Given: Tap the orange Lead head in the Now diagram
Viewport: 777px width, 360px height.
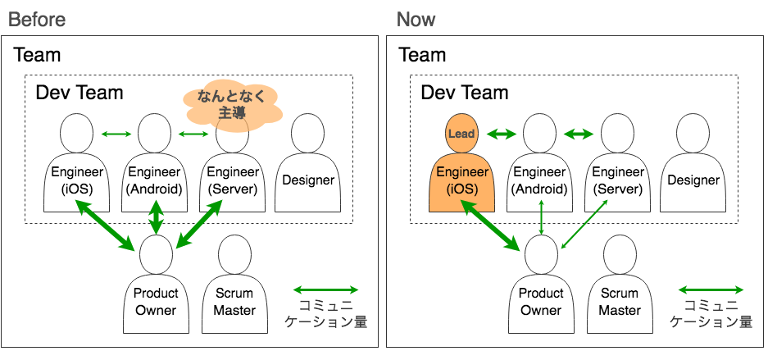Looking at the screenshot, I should click(462, 133).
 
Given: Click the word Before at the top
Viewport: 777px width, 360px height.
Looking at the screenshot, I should click(37, 19).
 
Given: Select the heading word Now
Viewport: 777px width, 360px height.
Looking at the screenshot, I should click(416, 19).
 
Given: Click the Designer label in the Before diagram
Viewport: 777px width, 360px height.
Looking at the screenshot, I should click(308, 180).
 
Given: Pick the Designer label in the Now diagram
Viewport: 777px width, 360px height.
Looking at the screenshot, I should click(693, 180).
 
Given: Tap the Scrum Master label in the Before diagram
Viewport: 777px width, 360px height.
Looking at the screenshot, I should click(234, 302).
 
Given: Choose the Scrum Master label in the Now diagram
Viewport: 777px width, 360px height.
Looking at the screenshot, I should click(620, 302).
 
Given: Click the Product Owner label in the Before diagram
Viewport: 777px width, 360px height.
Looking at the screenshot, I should click(156, 302).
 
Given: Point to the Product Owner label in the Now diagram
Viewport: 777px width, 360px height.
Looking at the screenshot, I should click(541, 302).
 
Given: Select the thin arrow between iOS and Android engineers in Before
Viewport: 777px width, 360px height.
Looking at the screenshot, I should click(116, 134).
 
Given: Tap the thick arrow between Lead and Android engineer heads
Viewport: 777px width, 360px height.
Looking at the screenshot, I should click(502, 133).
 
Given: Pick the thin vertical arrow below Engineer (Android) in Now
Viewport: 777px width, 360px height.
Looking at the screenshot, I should click(541, 221).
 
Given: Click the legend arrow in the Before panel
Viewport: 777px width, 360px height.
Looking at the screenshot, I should click(325, 289).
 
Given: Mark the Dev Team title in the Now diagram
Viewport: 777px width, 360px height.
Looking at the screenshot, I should click(465, 93).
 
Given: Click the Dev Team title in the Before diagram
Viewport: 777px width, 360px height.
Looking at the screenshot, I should click(80, 93).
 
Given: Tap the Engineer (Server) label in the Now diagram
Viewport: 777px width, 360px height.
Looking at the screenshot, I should click(620, 180).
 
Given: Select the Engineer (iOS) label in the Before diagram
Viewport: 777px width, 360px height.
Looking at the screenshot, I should click(77, 180).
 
